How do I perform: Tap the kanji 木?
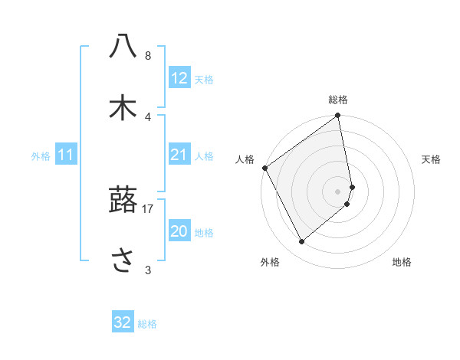(x=123, y=107)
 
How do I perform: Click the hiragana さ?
(x=123, y=261)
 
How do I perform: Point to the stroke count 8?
(x=148, y=55)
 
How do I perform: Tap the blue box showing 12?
(x=179, y=78)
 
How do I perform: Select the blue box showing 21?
(x=179, y=155)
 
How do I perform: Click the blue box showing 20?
(x=179, y=232)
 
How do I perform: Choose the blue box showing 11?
(x=66, y=155)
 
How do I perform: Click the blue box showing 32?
(x=123, y=322)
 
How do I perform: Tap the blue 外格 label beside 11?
(x=41, y=156)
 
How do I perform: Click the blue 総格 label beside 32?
(x=147, y=324)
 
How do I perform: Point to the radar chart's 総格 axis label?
(x=338, y=100)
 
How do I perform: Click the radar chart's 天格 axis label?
(x=432, y=159)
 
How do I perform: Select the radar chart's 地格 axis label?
(x=402, y=262)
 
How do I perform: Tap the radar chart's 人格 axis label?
(x=245, y=159)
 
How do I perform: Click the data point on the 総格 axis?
(x=338, y=116)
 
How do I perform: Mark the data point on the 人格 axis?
(x=264, y=168)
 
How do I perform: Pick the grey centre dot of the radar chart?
(x=338, y=191)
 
